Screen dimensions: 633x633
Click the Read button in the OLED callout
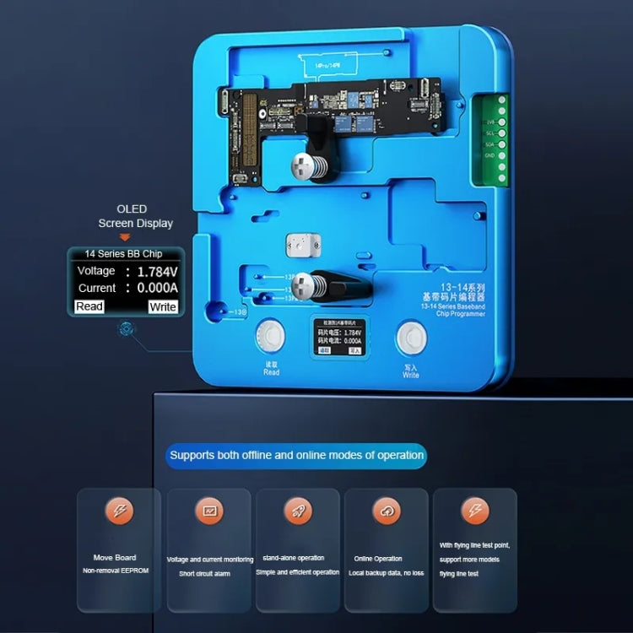[89, 306]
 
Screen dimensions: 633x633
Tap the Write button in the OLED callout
[162, 306]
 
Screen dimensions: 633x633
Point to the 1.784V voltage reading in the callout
[158, 272]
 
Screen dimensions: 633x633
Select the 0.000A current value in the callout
[158, 288]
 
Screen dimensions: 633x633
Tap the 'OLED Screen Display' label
[134, 216]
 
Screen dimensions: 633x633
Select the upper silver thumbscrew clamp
[306, 165]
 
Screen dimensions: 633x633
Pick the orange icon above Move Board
[119, 510]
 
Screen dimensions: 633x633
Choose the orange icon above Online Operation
[385, 510]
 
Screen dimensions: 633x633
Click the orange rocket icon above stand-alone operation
[297, 510]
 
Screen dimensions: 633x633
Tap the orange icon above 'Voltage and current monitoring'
[208, 510]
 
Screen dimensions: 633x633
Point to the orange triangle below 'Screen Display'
[124, 237]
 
